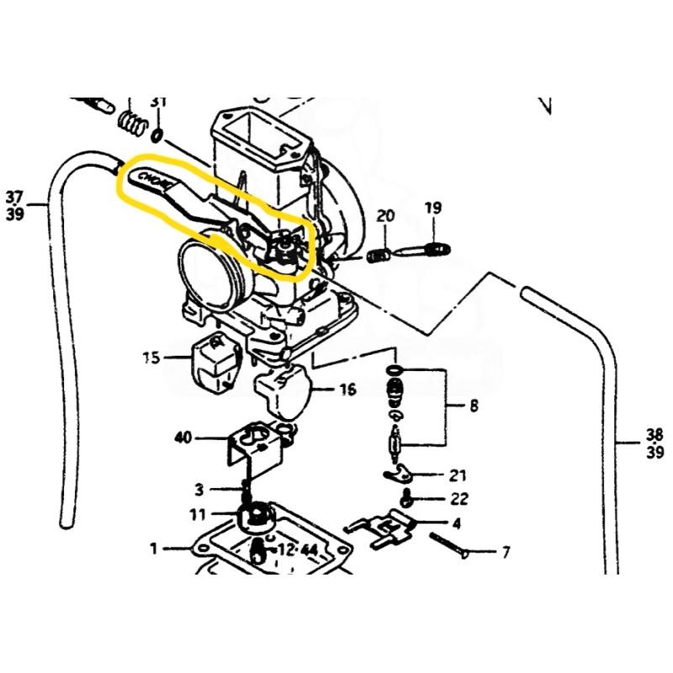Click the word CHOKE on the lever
pos(151,180)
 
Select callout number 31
pos(159,101)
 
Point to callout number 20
pos(385,215)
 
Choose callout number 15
pos(151,358)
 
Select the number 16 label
pos(347,389)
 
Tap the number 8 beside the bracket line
pos(474,406)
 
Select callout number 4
pos(457,523)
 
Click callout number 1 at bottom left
pos(154,549)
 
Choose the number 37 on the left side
pos(15,197)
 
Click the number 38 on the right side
pos(654,435)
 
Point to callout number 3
pos(199,489)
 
